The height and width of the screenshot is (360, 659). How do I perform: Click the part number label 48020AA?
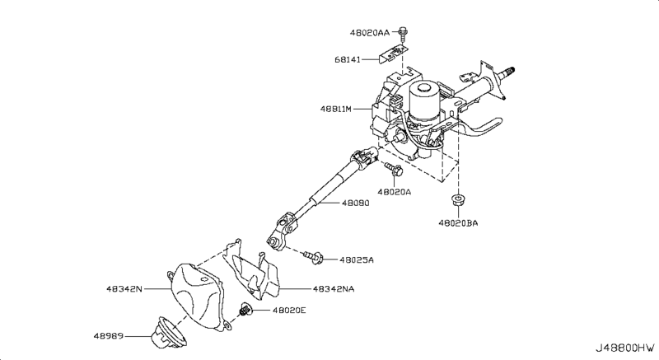(x=369, y=32)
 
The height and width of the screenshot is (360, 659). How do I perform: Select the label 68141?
(x=347, y=59)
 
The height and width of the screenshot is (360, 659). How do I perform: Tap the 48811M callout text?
(x=336, y=109)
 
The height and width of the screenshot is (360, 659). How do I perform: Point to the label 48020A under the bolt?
(x=394, y=192)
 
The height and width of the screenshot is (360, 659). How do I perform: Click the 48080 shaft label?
(x=355, y=203)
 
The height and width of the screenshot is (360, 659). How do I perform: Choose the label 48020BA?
(x=458, y=223)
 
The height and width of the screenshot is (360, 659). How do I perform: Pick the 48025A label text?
(x=357, y=260)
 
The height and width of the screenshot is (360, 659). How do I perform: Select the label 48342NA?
(x=334, y=289)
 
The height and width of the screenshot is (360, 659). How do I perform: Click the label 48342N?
(x=124, y=289)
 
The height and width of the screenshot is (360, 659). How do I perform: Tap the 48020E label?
(x=289, y=311)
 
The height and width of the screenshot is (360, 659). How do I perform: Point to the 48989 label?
(x=109, y=336)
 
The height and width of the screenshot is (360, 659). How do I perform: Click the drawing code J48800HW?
(x=625, y=348)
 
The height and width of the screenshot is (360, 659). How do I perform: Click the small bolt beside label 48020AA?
(x=404, y=35)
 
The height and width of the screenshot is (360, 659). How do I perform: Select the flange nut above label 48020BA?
(x=457, y=199)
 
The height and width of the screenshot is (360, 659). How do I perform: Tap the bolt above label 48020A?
(x=394, y=168)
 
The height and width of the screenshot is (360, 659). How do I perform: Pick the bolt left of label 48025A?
(x=314, y=257)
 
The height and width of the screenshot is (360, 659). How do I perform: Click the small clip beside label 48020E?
(x=245, y=310)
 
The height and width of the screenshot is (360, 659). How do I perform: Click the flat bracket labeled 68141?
(x=394, y=54)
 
